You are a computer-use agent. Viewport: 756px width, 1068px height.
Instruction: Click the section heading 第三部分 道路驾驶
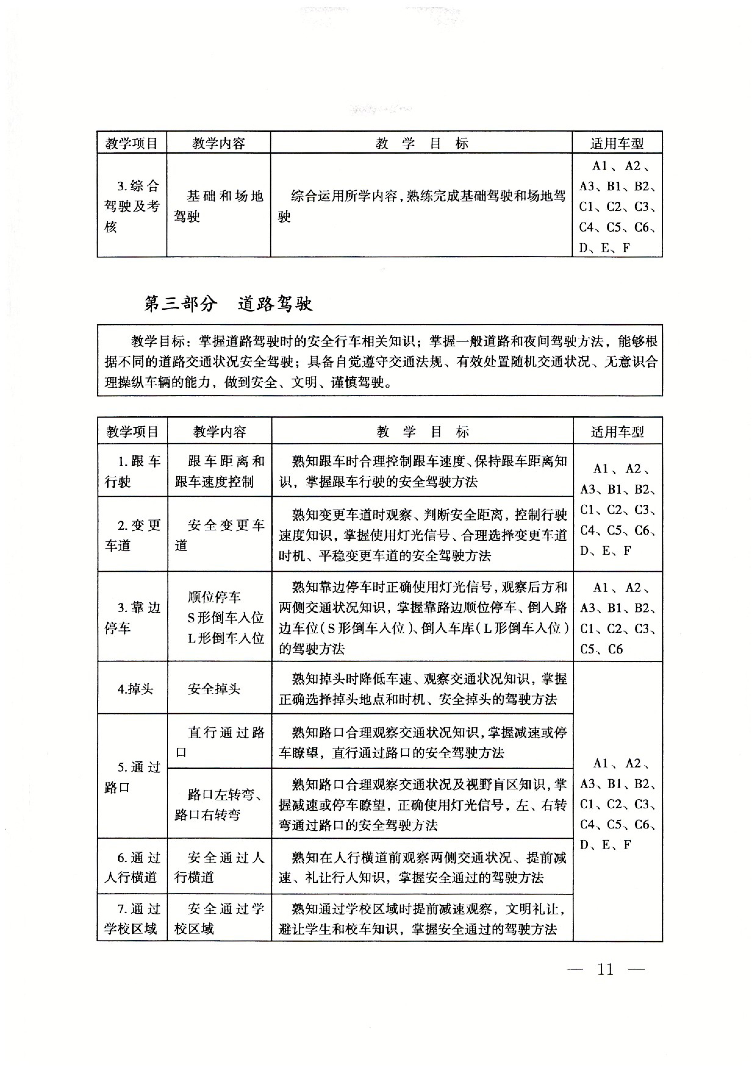point(228,304)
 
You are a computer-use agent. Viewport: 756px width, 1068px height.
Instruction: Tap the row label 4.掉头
point(135,689)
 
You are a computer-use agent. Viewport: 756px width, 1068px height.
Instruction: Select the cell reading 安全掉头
point(214,689)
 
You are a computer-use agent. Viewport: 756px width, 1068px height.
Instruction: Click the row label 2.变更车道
point(133,535)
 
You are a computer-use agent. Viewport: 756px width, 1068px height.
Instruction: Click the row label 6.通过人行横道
point(133,867)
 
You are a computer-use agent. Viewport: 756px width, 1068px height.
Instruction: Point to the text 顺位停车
point(214,597)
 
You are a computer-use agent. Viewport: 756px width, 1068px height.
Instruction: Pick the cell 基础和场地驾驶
point(219,206)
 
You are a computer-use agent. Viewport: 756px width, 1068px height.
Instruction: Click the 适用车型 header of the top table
point(617,143)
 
